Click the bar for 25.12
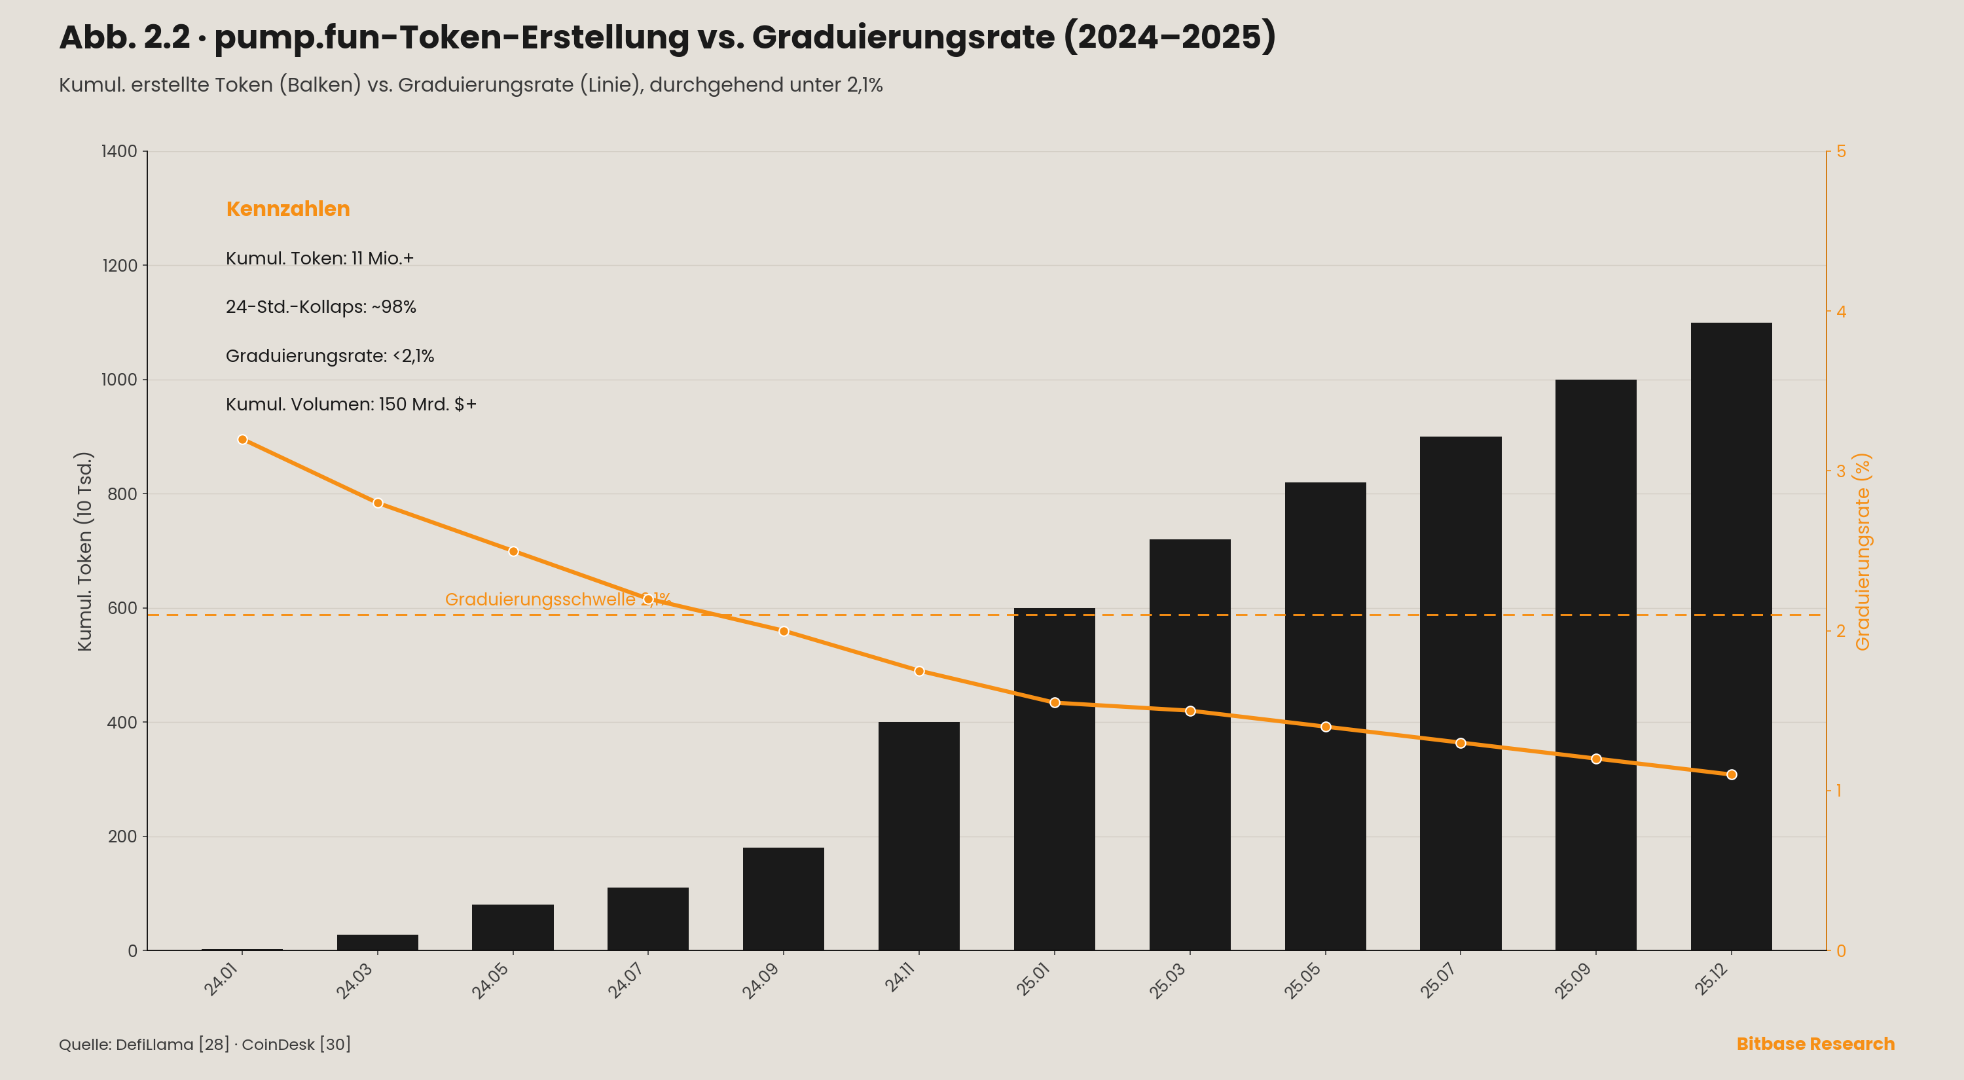point(1731,636)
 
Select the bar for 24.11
point(918,836)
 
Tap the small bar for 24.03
point(377,942)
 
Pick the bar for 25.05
point(1325,717)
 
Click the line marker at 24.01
point(242,440)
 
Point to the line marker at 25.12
point(1732,774)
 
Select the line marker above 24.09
point(784,631)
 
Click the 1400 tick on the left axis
point(119,151)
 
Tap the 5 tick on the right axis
point(1841,151)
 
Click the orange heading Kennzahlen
point(288,209)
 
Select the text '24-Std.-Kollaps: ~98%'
point(321,307)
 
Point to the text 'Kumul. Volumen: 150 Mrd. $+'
point(351,404)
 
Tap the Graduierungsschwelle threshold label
point(557,599)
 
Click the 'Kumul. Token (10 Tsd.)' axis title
point(84,551)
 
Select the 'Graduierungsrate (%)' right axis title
point(1863,552)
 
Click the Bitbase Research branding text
point(1815,1043)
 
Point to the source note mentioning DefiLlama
point(205,1044)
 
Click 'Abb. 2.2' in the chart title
point(124,37)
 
